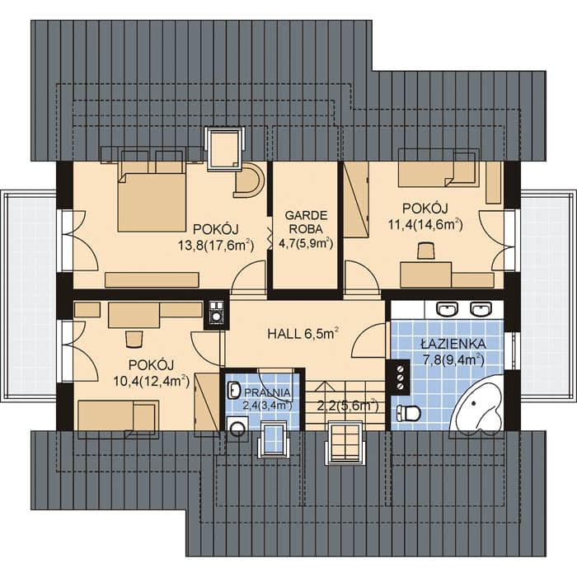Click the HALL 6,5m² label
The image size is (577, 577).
(303, 334)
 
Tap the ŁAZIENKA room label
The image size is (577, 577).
(453, 344)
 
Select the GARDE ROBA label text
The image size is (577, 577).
(306, 222)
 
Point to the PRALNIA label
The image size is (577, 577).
(267, 393)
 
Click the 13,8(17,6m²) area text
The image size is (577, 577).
(216, 245)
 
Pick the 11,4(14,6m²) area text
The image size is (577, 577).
(425, 224)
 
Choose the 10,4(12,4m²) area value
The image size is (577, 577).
(151, 381)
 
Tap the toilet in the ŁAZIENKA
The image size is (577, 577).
(408, 413)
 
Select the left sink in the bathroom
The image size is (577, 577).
(447, 309)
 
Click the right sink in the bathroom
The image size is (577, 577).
(481, 309)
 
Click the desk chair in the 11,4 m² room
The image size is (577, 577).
(426, 251)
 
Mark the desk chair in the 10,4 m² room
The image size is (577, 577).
(134, 339)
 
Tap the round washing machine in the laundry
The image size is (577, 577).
(237, 429)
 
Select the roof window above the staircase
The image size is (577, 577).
(345, 443)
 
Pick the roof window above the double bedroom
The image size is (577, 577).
(224, 148)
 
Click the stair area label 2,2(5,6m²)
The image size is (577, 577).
(347, 406)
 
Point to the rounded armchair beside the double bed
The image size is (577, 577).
(249, 180)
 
